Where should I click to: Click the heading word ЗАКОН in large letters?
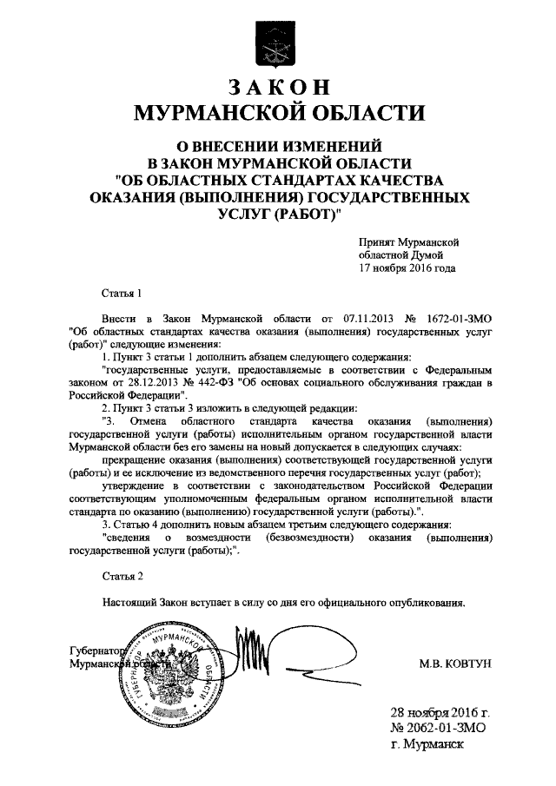pyautogui.click(x=278, y=88)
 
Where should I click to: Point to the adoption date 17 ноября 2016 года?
pyautogui.click(x=407, y=268)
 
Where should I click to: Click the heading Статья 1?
pyautogui.click(x=120, y=295)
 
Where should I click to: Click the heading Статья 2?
pyautogui.click(x=120, y=576)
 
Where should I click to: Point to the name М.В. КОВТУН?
pyautogui.click(x=456, y=663)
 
